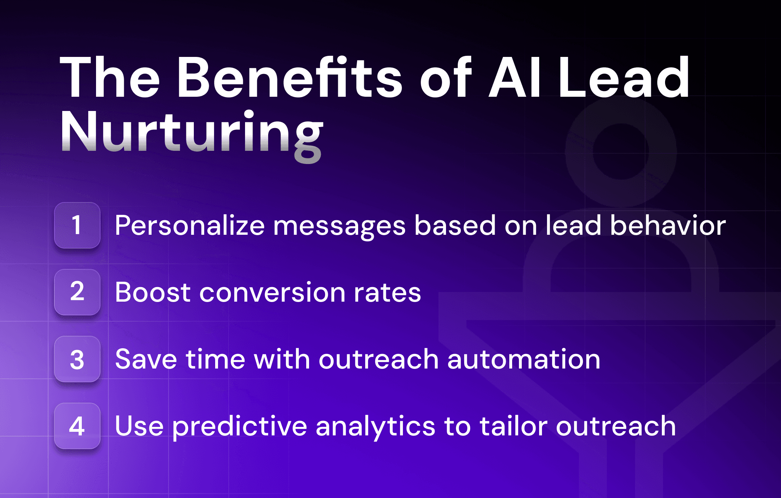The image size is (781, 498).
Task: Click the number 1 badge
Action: tap(77, 225)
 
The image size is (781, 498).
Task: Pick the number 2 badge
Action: tap(77, 292)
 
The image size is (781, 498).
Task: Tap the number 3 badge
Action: tap(77, 359)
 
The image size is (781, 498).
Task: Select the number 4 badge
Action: tap(77, 426)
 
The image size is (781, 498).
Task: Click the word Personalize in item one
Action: tap(190, 226)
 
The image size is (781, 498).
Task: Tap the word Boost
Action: tap(153, 292)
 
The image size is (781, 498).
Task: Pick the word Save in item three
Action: tap(146, 359)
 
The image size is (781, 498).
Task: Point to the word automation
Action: tap(524, 359)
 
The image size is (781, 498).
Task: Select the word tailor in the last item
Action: tap(514, 426)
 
